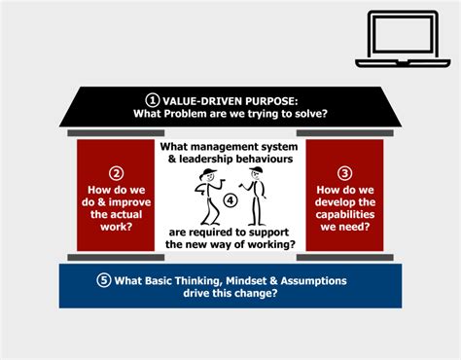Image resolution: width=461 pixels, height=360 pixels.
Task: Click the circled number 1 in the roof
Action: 152,99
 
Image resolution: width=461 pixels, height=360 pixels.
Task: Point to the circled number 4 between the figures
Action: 230,199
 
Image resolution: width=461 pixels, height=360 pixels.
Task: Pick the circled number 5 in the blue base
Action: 104,281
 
